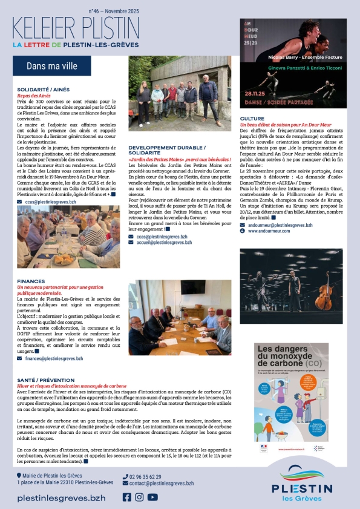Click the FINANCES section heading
coord(31,281)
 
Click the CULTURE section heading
coord(252,119)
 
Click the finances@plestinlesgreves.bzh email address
coord(54,358)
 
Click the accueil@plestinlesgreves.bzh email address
coord(163,242)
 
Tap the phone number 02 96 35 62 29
coord(145,477)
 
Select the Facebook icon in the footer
coord(127,497)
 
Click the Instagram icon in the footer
coord(139,497)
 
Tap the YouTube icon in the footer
coord(152,497)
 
